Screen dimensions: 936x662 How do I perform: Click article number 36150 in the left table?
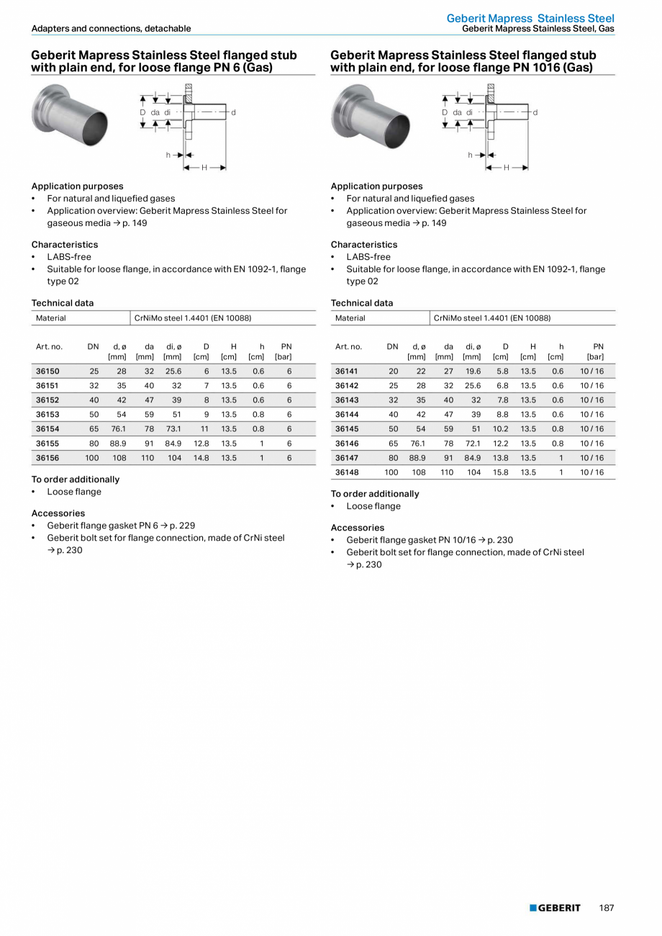(47, 372)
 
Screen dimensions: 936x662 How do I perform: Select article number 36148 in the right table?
(347, 472)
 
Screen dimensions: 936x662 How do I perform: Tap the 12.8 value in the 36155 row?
(201, 444)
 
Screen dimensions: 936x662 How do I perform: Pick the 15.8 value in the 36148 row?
(501, 472)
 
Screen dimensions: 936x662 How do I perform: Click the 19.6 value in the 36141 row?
(472, 372)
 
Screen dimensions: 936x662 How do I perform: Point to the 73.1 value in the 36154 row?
(173, 429)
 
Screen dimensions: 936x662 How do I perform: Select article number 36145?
(347, 429)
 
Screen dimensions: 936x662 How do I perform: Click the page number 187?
(607, 908)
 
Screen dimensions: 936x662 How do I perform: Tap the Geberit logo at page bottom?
(555, 908)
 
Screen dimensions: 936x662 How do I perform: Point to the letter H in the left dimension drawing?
(204, 168)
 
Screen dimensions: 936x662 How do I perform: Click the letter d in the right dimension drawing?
(535, 112)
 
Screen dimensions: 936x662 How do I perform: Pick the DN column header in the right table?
(392, 346)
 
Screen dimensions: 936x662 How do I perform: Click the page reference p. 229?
(183, 526)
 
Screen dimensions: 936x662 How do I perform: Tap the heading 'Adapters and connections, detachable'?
(111, 29)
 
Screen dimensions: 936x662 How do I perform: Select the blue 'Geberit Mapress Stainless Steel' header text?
(530, 18)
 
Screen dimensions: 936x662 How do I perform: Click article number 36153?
(47, 415)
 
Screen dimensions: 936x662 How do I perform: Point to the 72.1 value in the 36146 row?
(472, 444)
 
